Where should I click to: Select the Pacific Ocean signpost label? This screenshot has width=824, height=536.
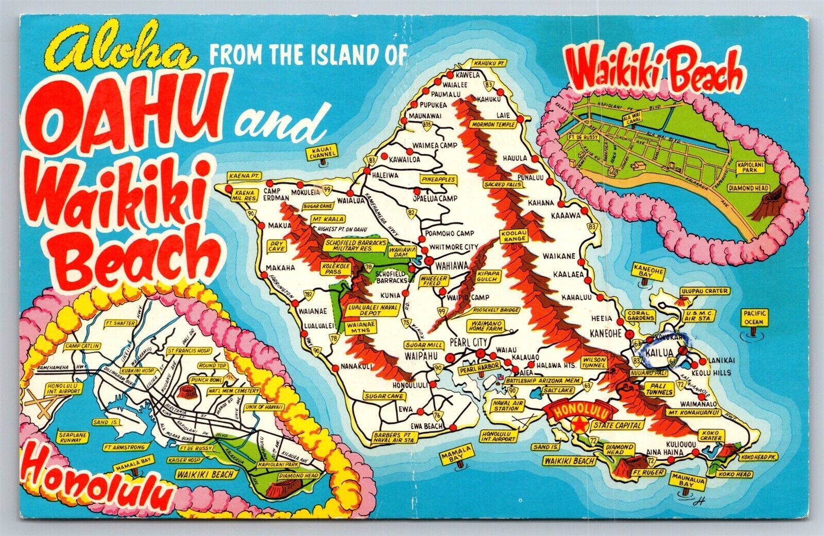tap(754, 317)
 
